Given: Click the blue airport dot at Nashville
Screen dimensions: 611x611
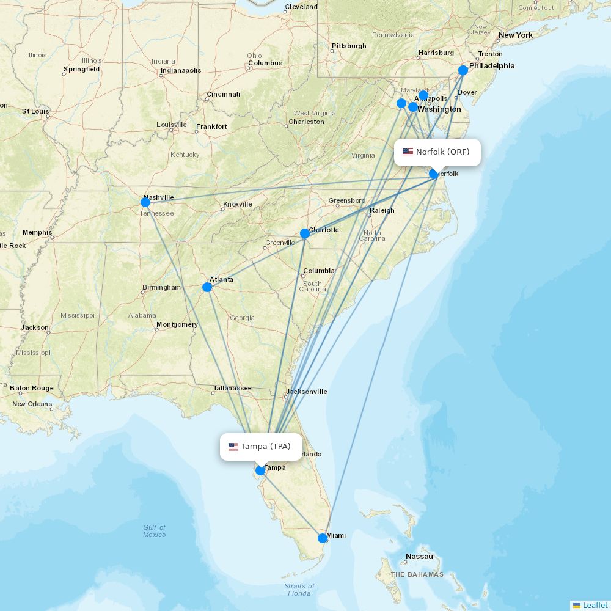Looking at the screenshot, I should pos(145,202).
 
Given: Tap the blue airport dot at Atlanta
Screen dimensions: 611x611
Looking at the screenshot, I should pos(207,287).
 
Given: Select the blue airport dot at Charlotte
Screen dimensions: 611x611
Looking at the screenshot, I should pos(305,233).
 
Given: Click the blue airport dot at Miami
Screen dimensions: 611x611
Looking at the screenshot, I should pos(323,538).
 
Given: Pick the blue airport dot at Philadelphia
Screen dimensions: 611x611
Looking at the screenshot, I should pos(463,70).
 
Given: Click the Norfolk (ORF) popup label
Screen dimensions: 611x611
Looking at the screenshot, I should pos(442,152).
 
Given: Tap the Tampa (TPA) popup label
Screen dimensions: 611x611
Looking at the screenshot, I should pos(265,447).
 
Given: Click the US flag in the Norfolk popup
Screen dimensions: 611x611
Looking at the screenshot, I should pos(408,152).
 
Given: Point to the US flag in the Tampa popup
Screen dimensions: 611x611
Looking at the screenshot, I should pos(233,447).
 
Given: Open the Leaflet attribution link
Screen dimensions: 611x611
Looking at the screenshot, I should pos(595,605).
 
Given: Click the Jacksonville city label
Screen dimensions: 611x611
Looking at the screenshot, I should pos(307,392).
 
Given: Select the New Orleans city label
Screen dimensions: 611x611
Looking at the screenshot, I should pos(32,404).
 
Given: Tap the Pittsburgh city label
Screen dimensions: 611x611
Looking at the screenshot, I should pos(349,46).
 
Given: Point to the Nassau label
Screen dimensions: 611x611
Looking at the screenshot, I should pos(419,557).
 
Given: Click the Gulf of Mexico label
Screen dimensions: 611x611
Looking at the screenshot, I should pos(155,531).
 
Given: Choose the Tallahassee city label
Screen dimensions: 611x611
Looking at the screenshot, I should pos(232,388).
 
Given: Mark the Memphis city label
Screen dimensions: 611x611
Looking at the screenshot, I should pos(37,232).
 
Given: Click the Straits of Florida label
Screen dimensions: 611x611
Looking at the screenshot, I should pos(299,590).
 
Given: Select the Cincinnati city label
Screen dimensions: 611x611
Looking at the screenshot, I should pos(223,94).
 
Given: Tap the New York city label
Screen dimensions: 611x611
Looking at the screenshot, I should pos(516,35).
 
